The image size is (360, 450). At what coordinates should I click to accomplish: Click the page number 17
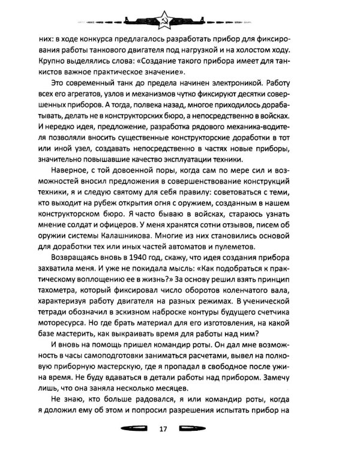pos(179,428)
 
